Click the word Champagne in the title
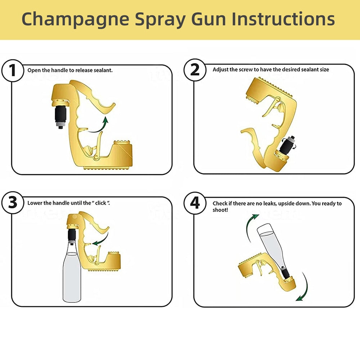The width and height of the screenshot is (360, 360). (75, 19)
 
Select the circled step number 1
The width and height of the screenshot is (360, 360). (13, 70)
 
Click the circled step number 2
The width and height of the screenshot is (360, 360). (195, 69)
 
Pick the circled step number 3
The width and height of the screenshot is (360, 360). (13, 203)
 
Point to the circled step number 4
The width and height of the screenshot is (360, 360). (195, 203)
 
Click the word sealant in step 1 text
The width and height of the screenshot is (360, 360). (103, 70)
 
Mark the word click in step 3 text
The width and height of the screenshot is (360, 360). (101, 203)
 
